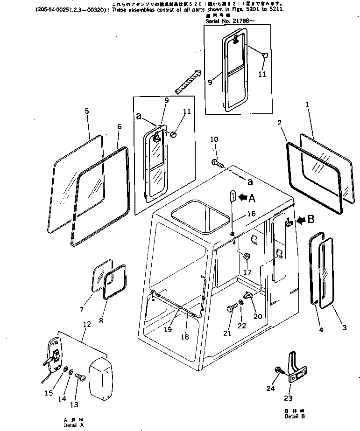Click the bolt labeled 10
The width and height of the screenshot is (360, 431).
pos(217,163)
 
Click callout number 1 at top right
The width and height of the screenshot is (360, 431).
pos(321,105)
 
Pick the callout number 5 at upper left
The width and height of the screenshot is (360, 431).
pos(87,111)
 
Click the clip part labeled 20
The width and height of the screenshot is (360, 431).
pos(248,295)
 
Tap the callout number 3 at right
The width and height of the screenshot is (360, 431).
pos(345,328)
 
